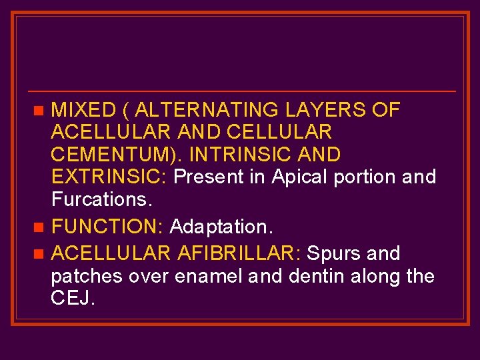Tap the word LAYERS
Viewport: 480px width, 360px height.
[x=324, y=110]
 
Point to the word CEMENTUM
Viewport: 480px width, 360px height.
[x=116, y=155]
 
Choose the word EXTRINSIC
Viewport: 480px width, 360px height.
[x=110, y=177]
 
